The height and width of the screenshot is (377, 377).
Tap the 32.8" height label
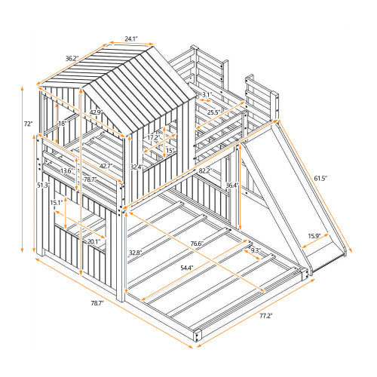point(136,253)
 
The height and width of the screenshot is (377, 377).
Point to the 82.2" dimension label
point(204,171)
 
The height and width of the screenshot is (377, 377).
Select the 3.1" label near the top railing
point(206,94)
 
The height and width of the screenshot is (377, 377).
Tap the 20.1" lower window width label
point(94,241)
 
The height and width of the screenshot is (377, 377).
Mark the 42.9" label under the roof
point(97,112)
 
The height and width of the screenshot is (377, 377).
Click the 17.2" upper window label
point(151,138)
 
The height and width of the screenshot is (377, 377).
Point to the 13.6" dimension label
point(67,170)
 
